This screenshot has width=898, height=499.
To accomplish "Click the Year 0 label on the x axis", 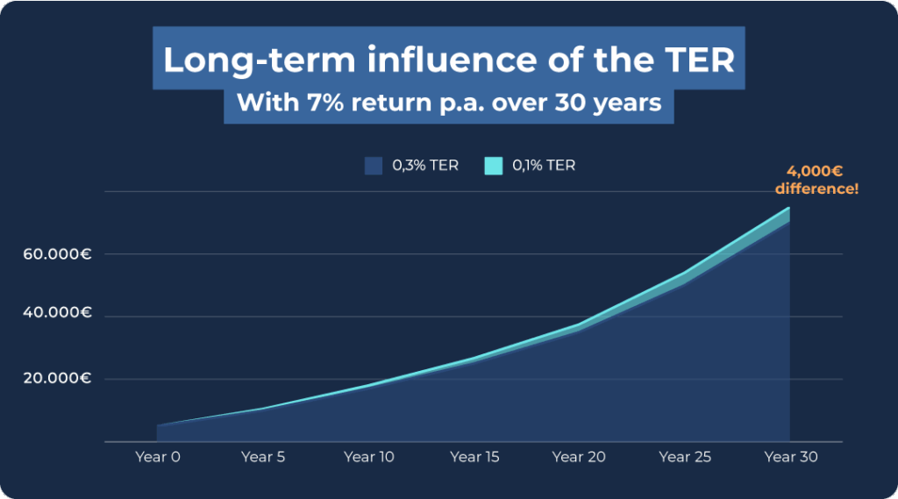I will [158, 457].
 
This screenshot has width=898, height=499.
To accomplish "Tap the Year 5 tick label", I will [263, 457].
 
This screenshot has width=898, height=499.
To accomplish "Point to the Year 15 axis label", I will [475, 457].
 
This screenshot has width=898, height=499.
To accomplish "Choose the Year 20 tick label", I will [580, 457].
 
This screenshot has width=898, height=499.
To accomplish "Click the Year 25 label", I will [685, 457].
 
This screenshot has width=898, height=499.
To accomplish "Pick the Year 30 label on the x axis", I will [791, 457].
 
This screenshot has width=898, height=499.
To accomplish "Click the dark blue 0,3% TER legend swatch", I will [373, 165].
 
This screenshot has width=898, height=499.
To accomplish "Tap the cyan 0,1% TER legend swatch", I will [493, 165].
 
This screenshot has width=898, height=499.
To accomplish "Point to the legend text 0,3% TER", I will [425, 165].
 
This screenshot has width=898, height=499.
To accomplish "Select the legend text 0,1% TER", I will [544, 165].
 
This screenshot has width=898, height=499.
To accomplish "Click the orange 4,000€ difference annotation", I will [816, 181].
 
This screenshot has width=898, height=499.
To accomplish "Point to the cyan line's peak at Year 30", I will [789, 208].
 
